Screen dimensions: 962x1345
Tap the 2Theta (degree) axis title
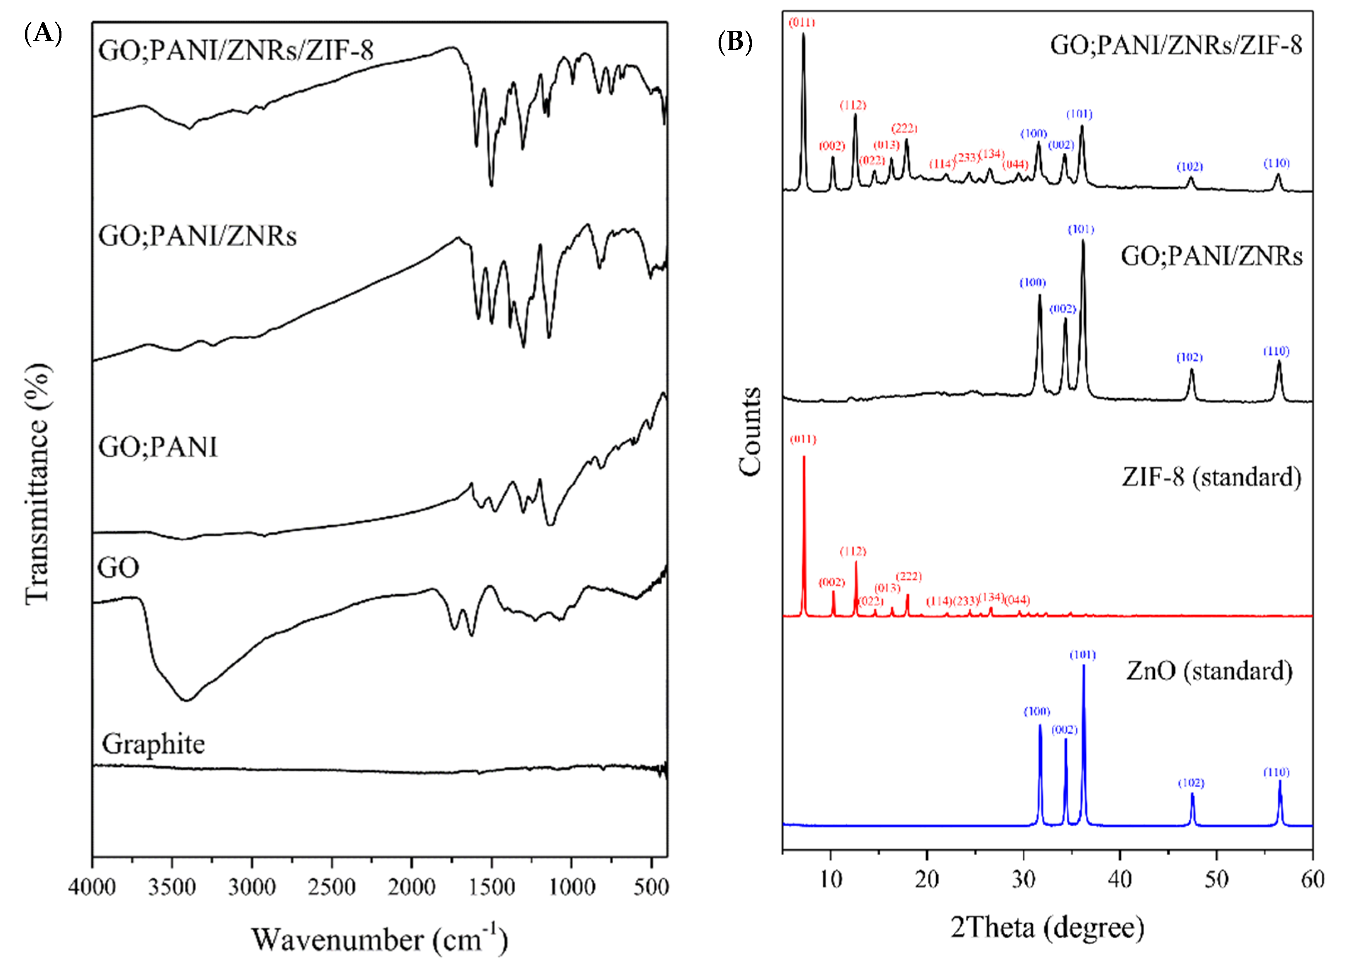(x=1047, y=927)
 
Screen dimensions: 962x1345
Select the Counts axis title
(x=750, y=431)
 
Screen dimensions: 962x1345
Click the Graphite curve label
(x=153, y=744)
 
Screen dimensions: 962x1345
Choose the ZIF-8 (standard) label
(x=1211, y=476)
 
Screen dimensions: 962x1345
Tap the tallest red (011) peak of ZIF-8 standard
(x=804, y=459)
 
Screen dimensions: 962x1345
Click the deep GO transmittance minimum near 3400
(x=187, y=699)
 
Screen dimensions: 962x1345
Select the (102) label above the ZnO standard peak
(x=1190, y=783)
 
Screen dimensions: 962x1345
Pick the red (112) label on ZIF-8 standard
(x=853, y=552)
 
